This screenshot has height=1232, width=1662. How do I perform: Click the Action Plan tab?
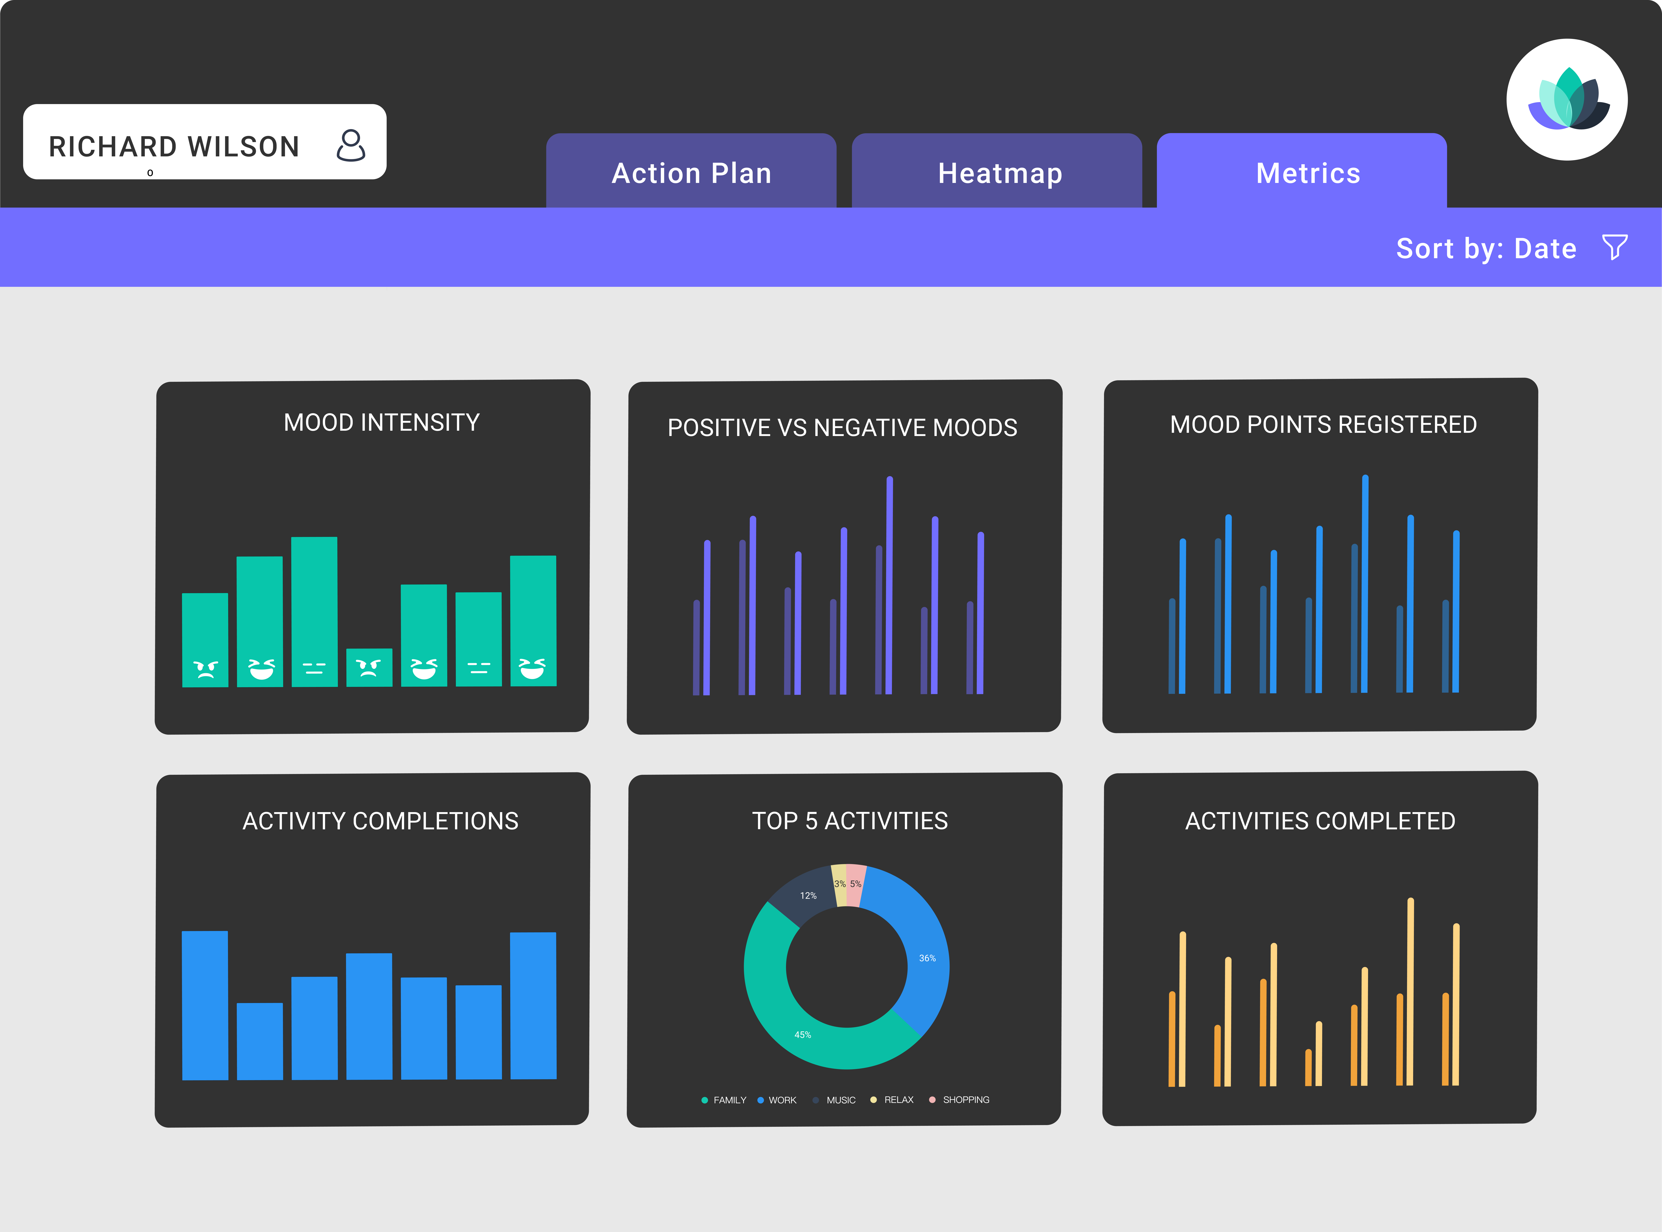click(x=691, y=172)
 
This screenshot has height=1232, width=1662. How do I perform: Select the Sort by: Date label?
click(x=1486, y=248)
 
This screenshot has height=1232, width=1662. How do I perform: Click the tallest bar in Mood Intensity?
click(x=314, y=612)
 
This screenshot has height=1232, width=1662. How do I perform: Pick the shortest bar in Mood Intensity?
click(x=369, y=667)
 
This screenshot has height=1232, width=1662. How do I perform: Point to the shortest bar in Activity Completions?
click(x=259, y=1041)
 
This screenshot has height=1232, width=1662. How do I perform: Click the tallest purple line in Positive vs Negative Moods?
click(x=889, y=585)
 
